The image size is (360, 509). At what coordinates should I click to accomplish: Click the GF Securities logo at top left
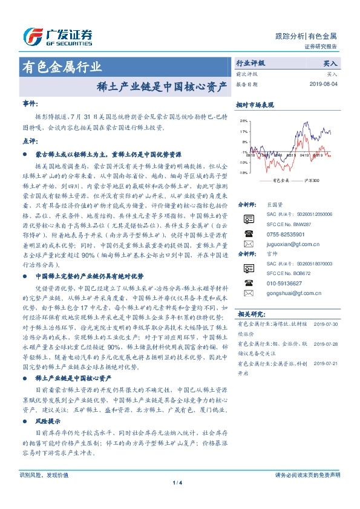pos(57,37)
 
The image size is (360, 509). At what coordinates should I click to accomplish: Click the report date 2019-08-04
pos(326,84)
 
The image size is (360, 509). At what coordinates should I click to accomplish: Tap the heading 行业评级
pos(250,63)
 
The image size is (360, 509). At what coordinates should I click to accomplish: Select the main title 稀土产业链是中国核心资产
pos(163,85)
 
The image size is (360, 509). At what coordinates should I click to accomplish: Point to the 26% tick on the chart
pos(243,121)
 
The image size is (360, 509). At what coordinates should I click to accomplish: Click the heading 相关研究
pos(250,314)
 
